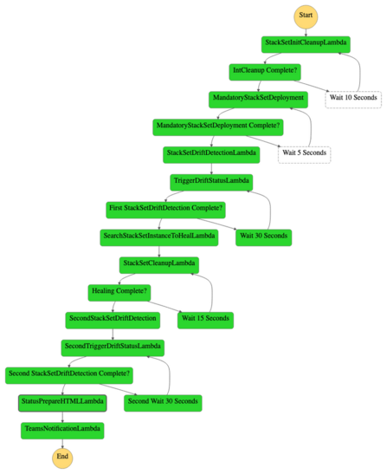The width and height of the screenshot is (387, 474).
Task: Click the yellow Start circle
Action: click(x=306, y=16)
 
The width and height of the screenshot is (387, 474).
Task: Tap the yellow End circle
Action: click(x=61, y=456)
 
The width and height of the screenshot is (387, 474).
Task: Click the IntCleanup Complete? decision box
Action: click(x=263, y=70)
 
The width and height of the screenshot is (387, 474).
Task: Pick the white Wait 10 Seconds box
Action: click(x=352, y=98)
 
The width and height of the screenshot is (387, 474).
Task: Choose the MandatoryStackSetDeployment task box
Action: click(x=257, y=98)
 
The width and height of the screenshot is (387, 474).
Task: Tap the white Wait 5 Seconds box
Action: click(x=303, y=153)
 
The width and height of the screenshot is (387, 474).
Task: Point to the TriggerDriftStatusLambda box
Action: click(x=211, y=180)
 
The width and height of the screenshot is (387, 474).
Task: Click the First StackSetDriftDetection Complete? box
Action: click(x=166, y=208)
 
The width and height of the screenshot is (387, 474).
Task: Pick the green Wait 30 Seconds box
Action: click(x=263, y=236)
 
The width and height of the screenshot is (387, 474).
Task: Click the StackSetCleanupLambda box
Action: click(x=158, y=263)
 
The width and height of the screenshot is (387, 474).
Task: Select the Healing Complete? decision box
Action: click(x=118, y=291)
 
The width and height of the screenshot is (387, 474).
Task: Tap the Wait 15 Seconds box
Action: click(x=204, y=319)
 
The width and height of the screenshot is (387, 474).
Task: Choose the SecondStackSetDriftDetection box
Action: click(x=112, y=319)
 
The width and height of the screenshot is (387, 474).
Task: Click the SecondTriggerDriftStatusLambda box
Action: click(x=113, y=347)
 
